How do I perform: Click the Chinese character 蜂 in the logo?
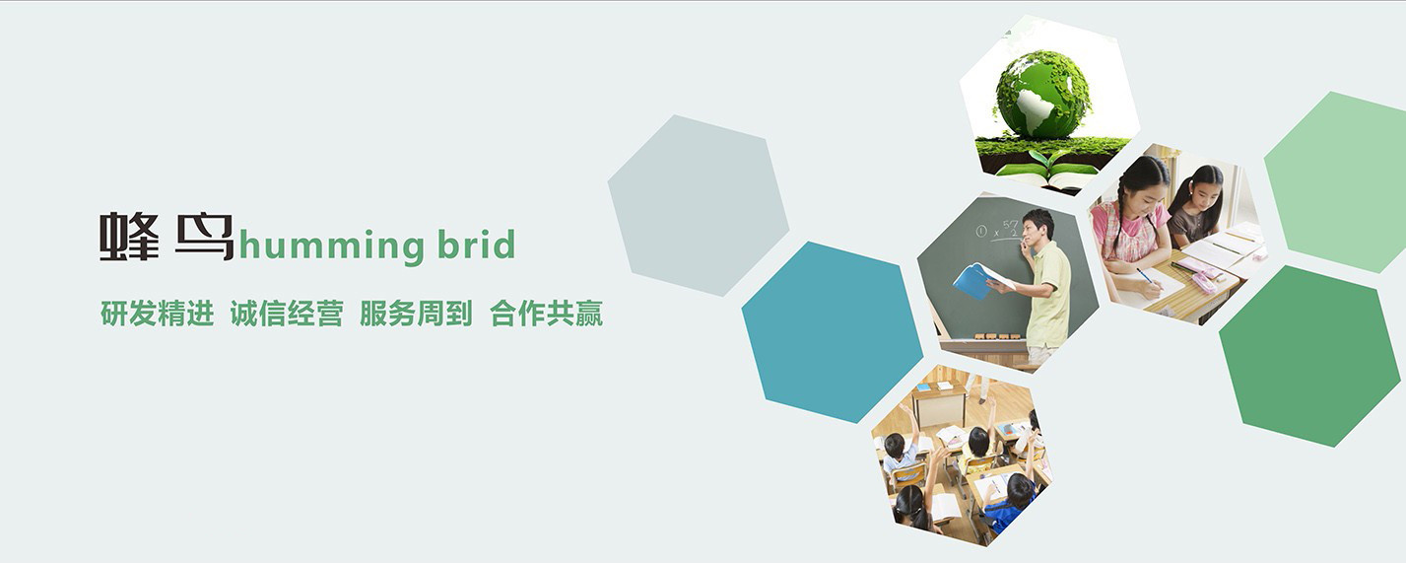pyautogui.click(x=129, y=237)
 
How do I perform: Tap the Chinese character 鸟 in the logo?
pyautogui.click(x=205, y=237)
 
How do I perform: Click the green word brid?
pyautogui.click(x=477, y=245)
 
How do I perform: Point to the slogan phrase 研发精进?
pyautogui.click(x=157, y=314)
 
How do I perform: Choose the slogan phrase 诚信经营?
pyautogui.click(x=287, y=314)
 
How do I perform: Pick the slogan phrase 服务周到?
pyautogui.click(x=416, y=314)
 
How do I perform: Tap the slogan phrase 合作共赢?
pyautogui.click(x=546, y=314)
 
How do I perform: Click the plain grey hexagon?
pyautogui.click(x=698, y=205)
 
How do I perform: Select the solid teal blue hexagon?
pyautogui.click(x=833, y=331)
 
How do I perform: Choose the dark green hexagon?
pyautogui.click(x=1310, y=356)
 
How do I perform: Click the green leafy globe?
pyautogui.click(x=1042, y=95)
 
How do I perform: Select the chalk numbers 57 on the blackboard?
pyautogui.click(x=1010, y=226)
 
